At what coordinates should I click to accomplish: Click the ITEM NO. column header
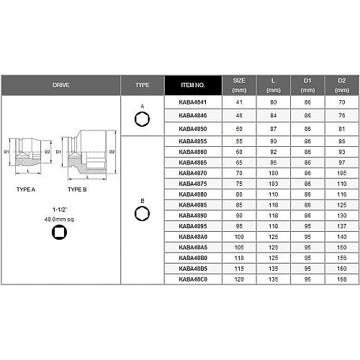193,85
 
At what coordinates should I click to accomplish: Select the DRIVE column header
61,85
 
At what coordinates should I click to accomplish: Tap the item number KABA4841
193,102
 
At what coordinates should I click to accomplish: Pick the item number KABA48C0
193,279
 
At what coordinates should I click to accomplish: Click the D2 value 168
342,279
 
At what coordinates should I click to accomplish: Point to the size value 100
239,237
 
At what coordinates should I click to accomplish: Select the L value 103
274,184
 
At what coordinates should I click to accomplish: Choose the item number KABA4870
193,174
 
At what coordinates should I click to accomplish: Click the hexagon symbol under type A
142,120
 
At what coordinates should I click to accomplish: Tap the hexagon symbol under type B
142,214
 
